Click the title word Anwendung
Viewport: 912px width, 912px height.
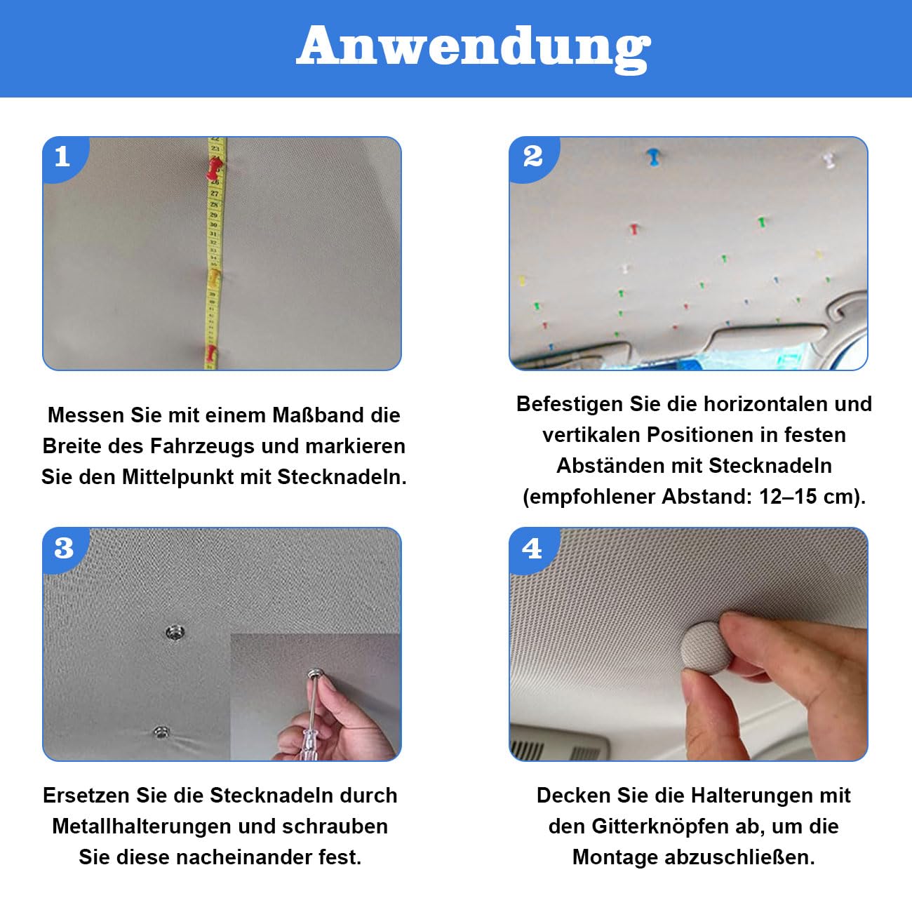pyautogui.click(x=474, y=48)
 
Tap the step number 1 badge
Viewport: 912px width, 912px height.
pyautogui.click(x=62, y=156)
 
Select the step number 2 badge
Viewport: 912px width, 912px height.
pyautogui.click(x=533, y=156)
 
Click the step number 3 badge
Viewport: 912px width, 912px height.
pyautogui.click(x=64, y=548)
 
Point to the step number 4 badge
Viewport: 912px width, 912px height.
pyautogui.click(x=532, y=549)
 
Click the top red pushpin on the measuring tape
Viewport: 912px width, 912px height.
pyautogui.click(x=215, y=168)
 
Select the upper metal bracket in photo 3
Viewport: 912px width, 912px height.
pyautogui.click(x=175, y=632)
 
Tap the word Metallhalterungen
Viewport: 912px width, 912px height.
pyautogui.click(x=142, y=826)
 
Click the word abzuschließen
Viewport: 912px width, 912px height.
pyautogui.click(x=739, y=857)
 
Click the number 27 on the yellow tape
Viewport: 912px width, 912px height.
pyautogui.click(x=215, y=194)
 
